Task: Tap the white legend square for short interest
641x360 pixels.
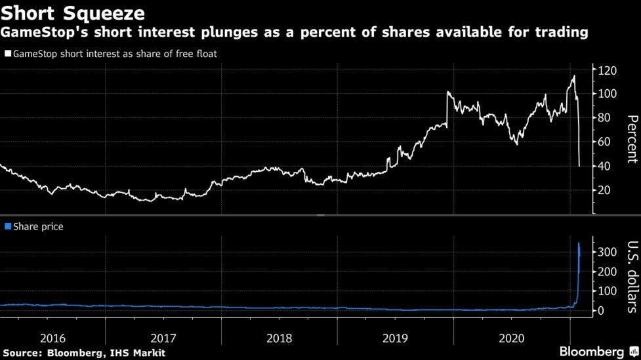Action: click(8, 54)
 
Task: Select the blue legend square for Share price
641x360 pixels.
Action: click(8, 226)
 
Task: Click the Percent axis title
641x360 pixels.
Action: click(632, 139)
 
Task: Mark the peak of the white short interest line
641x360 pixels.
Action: click(574, 76)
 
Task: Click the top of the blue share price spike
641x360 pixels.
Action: click(579, 243)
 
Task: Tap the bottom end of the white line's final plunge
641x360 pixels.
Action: click(579, 166)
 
